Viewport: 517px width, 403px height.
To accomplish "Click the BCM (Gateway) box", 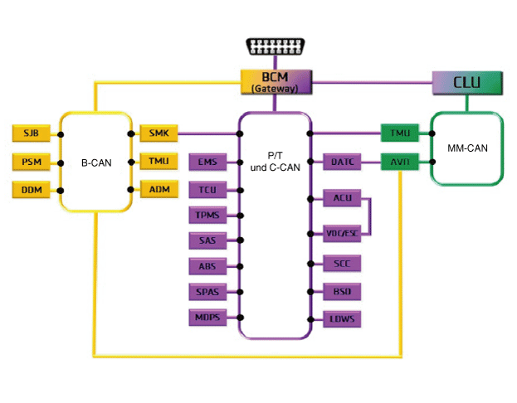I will click(276, 81).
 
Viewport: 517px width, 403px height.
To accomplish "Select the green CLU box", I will click(469, 81).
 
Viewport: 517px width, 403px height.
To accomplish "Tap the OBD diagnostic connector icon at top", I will click(275, 46).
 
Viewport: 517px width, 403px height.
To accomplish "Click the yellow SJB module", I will click(32, 133).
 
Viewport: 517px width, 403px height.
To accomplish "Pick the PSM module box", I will click(32, 161).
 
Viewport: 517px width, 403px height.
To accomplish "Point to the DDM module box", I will click(32, 190).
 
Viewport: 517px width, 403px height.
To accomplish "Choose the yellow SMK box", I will click(159, 133).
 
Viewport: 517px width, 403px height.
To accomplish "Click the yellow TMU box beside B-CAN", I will click(159, 161).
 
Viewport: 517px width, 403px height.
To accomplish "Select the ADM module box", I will click(159, 189).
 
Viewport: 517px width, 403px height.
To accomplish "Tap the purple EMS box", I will click(207, 161).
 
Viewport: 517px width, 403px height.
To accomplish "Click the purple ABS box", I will click(207, 266).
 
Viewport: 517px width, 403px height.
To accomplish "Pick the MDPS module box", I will click(207, 317).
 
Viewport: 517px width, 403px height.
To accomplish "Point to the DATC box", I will click(342, 161).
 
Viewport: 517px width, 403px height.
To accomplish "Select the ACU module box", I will click(342, 198).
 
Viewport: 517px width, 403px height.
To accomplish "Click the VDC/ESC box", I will click(342, 233).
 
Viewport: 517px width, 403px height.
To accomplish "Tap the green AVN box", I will click(400, 161).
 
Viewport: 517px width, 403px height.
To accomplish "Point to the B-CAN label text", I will click(96, 163).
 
